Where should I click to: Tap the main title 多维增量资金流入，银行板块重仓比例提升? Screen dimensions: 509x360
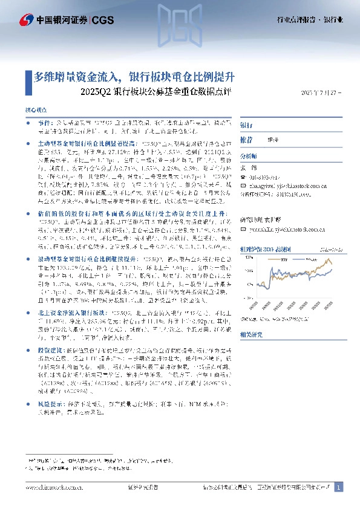[x=134, y=77]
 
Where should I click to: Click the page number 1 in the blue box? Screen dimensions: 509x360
[x=339, y=487]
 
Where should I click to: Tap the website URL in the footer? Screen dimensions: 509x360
[x=54, y=487]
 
